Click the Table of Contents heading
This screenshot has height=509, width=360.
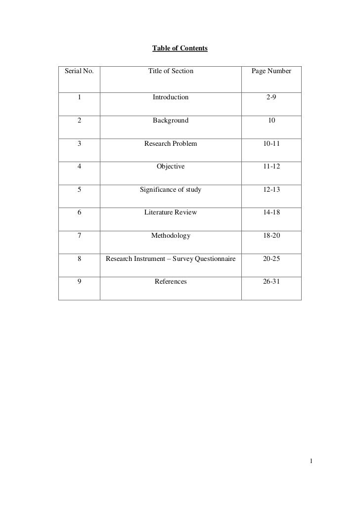(180, 49)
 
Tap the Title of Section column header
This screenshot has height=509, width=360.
(171, 72)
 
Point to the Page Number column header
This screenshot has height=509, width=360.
(271, 72)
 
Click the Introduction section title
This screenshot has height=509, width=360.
(171, 97)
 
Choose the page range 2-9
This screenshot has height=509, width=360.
(271, 97)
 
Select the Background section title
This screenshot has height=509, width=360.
(171, 121)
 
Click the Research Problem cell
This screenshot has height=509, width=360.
(171, 144)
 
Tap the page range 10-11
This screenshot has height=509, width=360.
(271, 144)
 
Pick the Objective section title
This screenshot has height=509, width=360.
(171, 167)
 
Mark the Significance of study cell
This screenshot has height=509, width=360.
(171, 190)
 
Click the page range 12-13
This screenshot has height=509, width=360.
(271, 190)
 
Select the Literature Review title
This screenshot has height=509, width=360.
(171, 212)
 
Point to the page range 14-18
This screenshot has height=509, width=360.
(271, 212)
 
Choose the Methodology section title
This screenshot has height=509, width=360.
(171, 236)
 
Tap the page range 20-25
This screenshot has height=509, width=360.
(271, 259)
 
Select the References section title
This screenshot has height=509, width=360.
(171, 282)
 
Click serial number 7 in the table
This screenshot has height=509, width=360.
(79, 236)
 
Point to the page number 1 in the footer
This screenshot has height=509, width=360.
(311, 462)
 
